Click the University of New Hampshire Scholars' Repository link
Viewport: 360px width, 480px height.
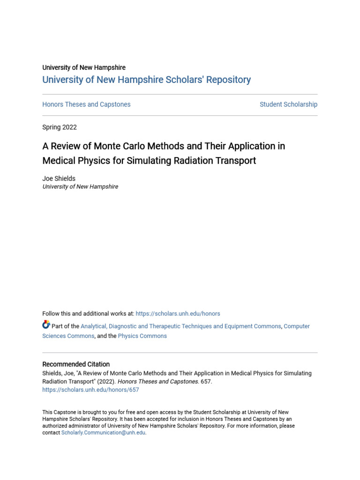tap(146, 80)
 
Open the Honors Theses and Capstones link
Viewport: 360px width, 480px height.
tap(86, 105)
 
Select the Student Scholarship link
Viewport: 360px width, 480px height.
tap(288, 105)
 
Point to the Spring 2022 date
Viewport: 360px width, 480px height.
tap(60, 127)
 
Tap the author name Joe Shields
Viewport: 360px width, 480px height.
tap(59, 179)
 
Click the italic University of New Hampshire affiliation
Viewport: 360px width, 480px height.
tap(80, 187)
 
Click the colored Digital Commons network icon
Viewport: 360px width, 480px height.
tap(46, 324)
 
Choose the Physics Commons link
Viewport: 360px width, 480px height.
tap(142, 336)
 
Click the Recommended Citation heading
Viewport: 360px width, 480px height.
tap(76, 364)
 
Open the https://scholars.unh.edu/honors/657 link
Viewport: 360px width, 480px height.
tap(90, 390)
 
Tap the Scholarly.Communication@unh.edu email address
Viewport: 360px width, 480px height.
tap(103, 433)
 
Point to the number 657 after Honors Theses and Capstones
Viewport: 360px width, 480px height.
tap(206, 382)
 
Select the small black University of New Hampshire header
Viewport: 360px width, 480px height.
tap(84, 67)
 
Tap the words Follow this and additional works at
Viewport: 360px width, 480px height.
tap(88, 314)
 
